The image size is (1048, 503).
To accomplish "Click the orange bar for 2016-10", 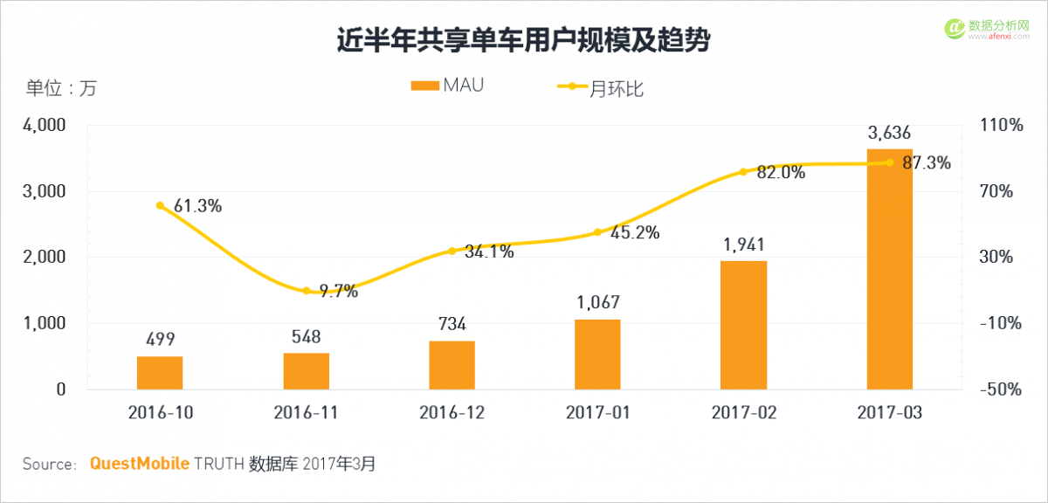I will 160,373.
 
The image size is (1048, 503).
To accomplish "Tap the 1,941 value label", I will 743,245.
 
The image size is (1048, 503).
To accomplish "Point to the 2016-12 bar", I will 452,365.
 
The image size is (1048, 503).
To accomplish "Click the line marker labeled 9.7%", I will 307,291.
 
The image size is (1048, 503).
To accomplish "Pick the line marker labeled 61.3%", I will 160,205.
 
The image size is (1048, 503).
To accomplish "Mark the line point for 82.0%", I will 743,171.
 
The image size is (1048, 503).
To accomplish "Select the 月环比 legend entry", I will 601,87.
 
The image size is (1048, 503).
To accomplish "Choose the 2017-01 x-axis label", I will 597,412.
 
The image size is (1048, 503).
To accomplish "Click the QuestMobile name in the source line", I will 140,464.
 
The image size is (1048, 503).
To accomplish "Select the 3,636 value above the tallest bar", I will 889,134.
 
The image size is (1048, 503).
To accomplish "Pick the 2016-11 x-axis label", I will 306,412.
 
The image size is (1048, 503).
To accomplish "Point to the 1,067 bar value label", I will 597,303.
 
